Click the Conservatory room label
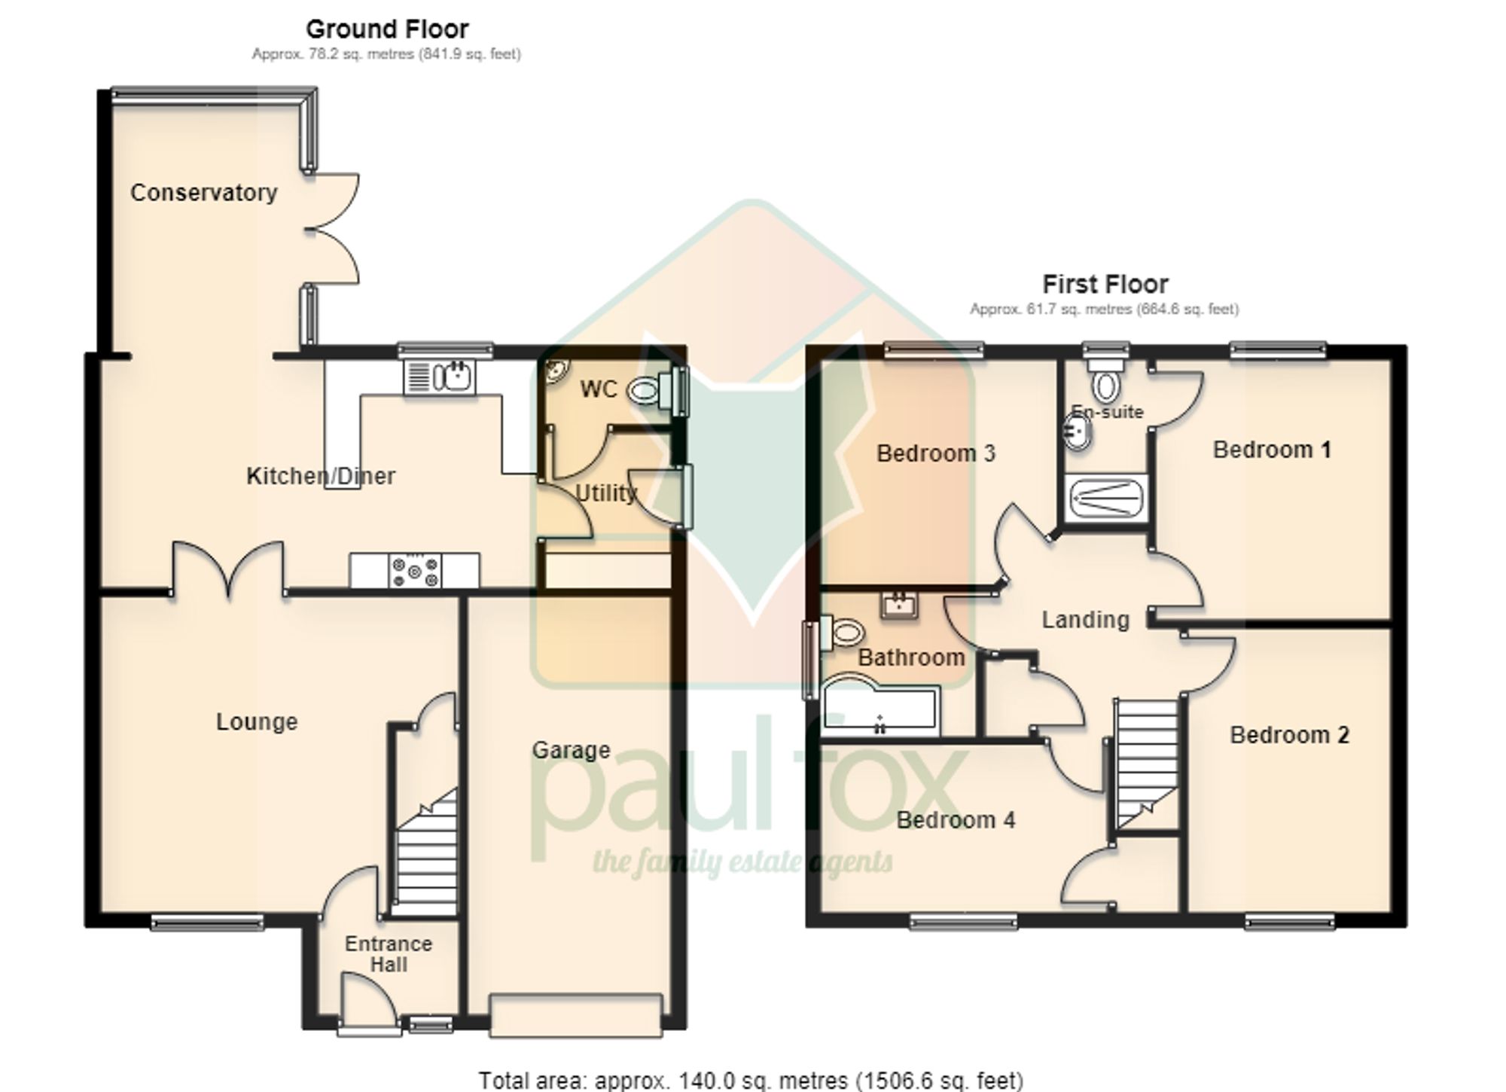point(204,193)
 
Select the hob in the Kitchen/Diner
point(415,570)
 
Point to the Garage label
point(571,750)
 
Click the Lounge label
point(257,721)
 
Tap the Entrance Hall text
point(389,953)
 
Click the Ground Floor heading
point(387,29)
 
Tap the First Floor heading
point(1105,284)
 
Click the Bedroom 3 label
point(936,453)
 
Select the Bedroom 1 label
point(1272,450)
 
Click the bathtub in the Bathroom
point(880,709)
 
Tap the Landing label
point(1085,620)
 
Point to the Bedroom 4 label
point(956,819)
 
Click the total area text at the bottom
point(751,1081)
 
